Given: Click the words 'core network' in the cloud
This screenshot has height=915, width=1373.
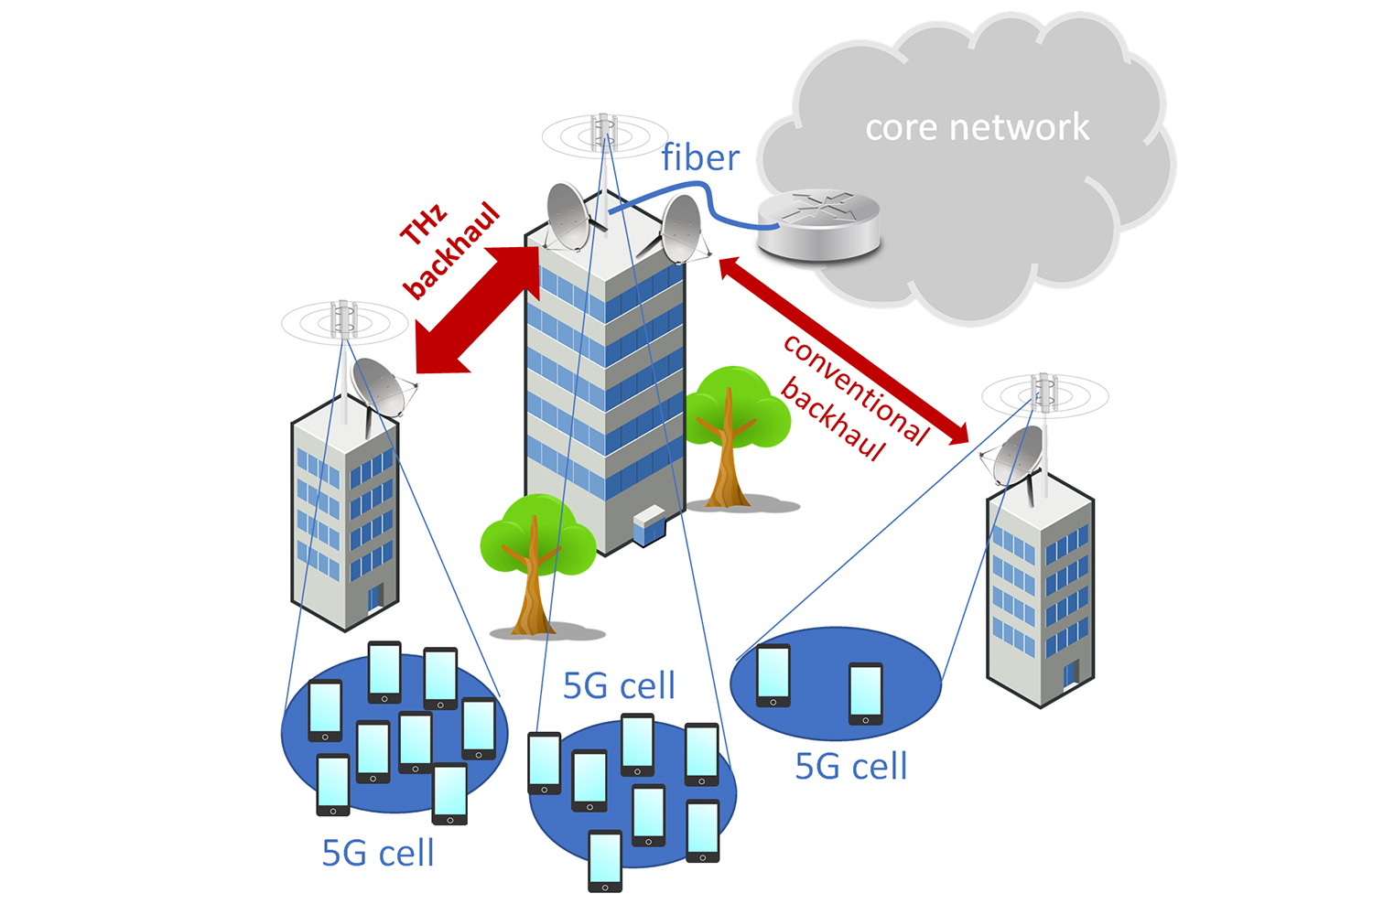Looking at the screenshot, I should (977, 127).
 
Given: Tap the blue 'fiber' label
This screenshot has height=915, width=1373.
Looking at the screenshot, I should (700, 157).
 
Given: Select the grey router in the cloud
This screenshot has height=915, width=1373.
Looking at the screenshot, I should (818, 225).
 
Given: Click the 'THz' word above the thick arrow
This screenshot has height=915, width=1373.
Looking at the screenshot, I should (424, 225).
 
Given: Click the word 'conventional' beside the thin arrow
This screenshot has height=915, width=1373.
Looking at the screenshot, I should (856, 389).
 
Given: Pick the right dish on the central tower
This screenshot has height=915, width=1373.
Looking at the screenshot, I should (681, 228).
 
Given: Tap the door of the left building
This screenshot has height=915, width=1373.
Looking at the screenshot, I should (373, 598).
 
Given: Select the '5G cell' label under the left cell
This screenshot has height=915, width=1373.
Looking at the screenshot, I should (378, 853).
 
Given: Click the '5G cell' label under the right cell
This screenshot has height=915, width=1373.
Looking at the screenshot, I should (851, 766).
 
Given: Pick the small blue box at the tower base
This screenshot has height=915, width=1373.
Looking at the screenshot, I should (648, 524).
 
